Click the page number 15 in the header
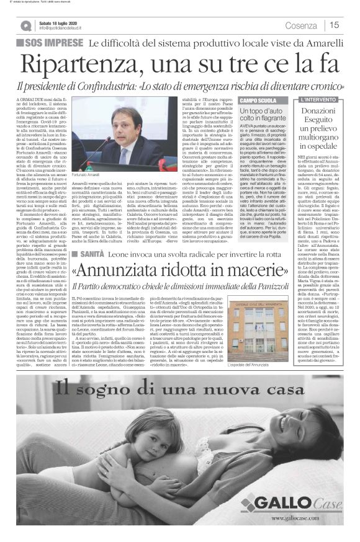tap(334, 25)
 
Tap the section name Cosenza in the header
tap(301, 25)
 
